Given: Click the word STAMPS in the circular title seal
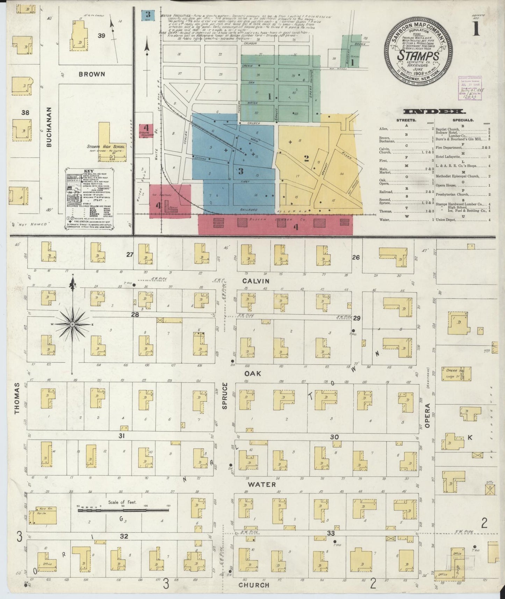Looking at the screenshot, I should pos(419,56).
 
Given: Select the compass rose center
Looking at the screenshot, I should pos(72,324).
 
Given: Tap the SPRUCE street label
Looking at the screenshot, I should pos(225,396).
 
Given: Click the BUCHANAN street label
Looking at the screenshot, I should pos(49,127).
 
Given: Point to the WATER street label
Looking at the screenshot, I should pos(262,484).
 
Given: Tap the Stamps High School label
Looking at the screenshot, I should pos(106,147).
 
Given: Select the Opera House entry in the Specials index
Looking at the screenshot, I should pos(448,186).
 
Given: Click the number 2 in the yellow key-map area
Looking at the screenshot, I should pos(306,158).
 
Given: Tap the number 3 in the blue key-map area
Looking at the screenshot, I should pos(240,171).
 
